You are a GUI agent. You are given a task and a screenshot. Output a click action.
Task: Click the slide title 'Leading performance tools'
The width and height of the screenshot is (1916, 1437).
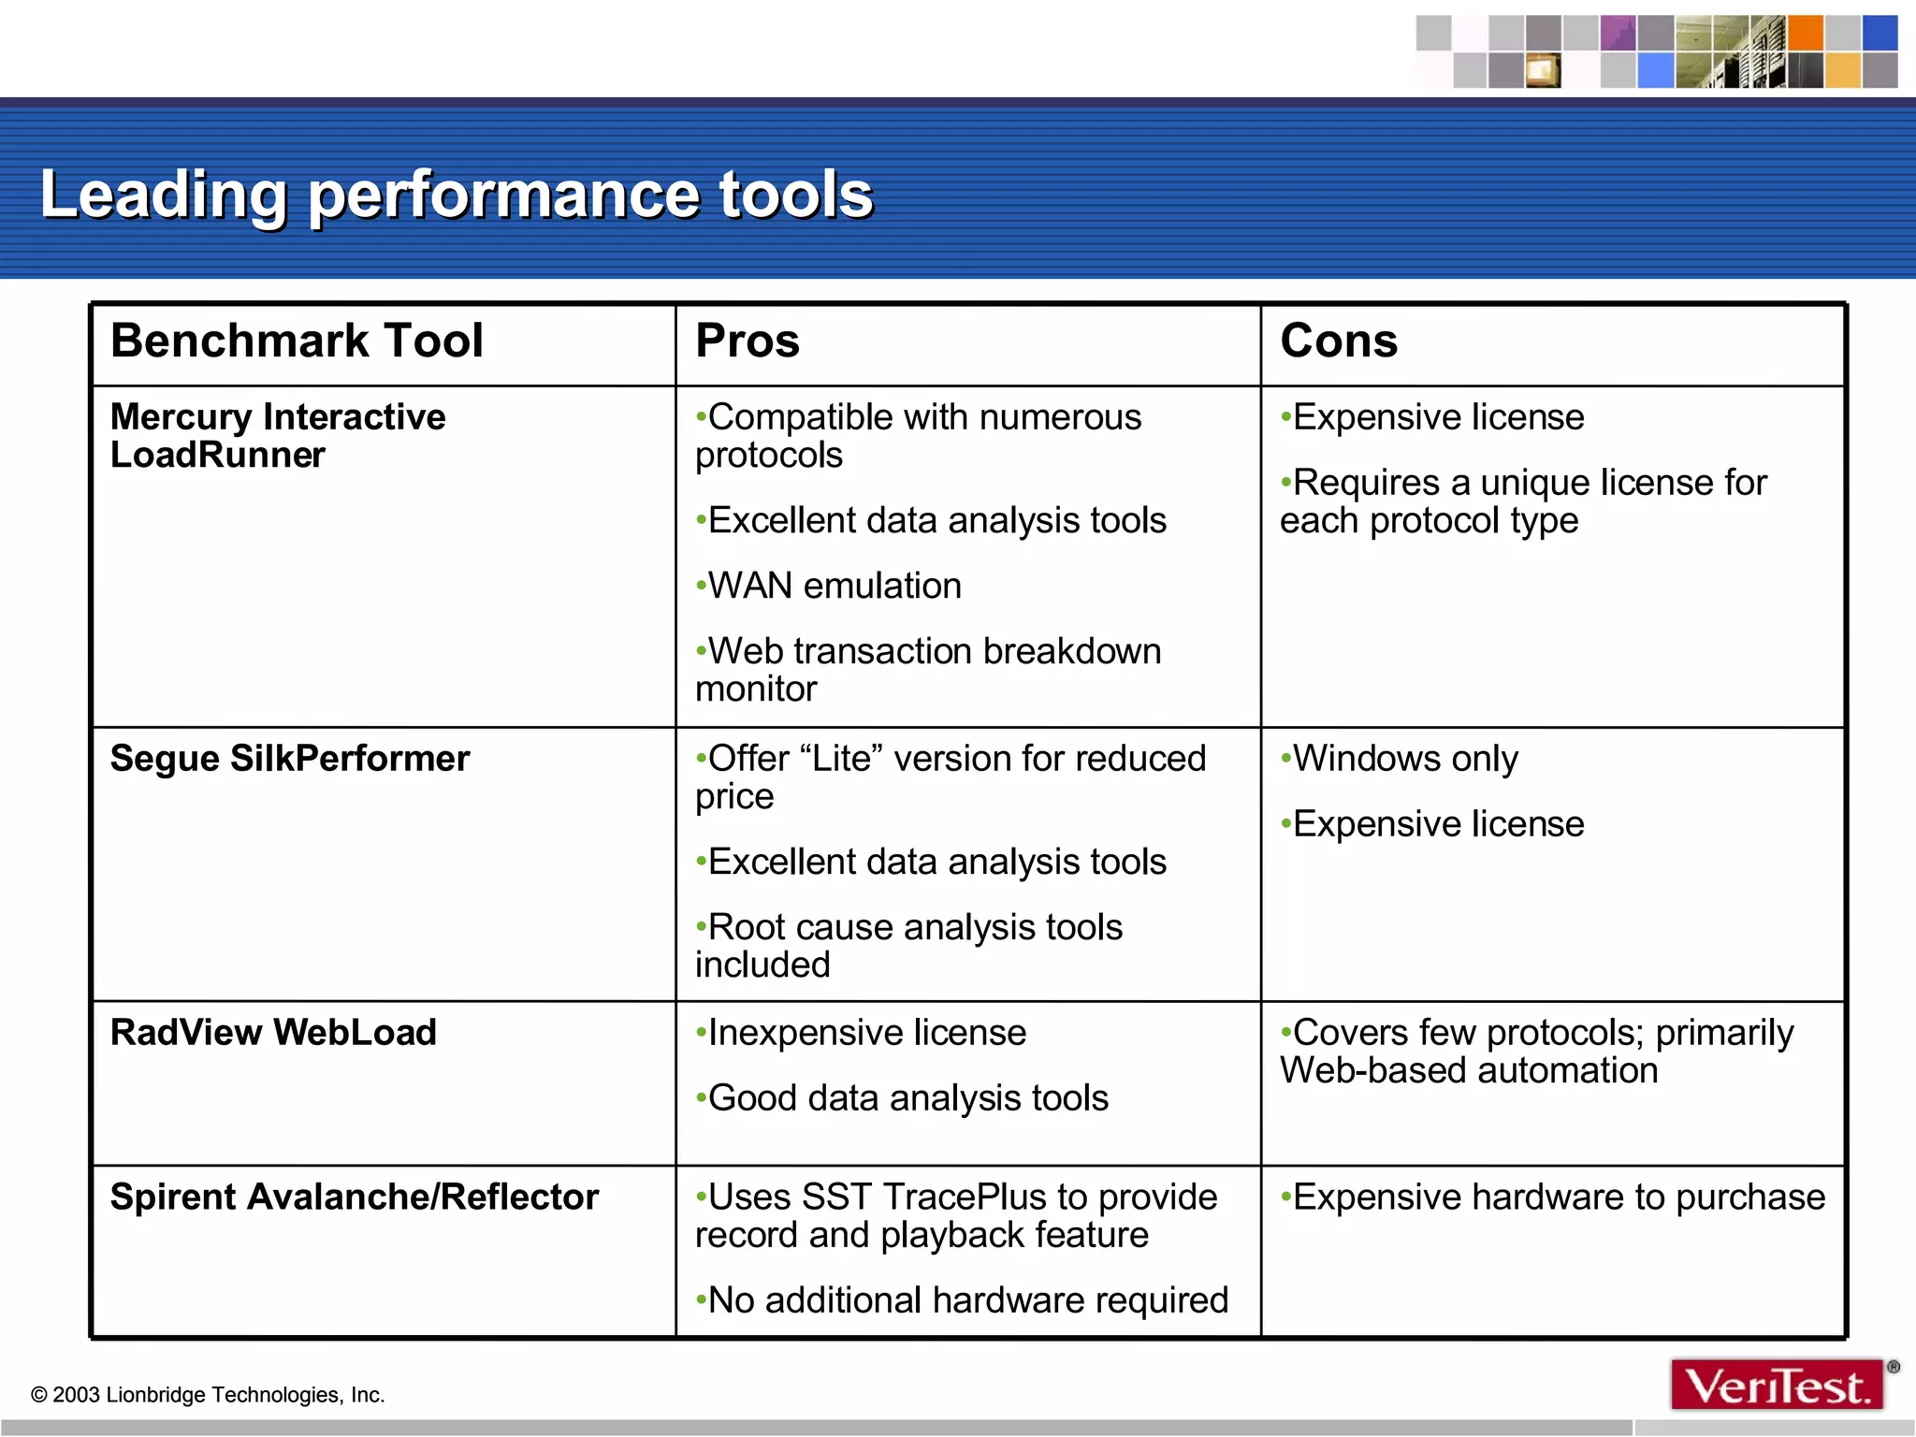click(457, 195)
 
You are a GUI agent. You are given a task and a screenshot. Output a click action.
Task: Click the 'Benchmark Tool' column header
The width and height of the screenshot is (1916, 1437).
click(297, 341)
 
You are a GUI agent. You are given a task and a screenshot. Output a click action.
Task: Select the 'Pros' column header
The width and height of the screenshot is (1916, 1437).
click(748, 341)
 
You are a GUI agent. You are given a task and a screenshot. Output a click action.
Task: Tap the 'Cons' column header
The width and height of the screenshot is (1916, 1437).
click(1339, 341)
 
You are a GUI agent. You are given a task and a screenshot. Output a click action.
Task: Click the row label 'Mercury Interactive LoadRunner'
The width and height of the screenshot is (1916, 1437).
click(278, 436)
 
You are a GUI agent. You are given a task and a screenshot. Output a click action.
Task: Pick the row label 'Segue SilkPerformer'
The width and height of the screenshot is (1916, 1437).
click(290, 759)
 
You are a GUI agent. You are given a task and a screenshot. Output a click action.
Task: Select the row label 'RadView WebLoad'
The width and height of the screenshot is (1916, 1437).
click(273, 1033)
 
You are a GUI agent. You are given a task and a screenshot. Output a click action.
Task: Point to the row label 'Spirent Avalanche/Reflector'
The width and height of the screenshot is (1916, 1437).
click(355, 1197)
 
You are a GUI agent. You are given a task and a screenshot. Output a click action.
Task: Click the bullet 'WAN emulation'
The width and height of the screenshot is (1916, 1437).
click(829, 586)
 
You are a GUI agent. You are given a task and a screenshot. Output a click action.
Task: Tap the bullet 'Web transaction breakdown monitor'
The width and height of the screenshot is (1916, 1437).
click(928, 670)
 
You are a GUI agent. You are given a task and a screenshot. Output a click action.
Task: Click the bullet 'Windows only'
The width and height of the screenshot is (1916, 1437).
click(1400, 759)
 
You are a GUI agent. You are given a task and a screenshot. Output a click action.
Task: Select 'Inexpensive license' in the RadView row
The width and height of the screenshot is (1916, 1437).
click(862, 1033)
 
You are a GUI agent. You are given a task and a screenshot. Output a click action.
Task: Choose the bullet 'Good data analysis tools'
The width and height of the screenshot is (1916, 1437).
click(903, 1098)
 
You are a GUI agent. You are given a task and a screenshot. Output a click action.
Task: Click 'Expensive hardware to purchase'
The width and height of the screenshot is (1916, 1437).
click(1553, 1197)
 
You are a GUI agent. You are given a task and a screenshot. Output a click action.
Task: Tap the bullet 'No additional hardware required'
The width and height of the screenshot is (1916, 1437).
click(963, 1300)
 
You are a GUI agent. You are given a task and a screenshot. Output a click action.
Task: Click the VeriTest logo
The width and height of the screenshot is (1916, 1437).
click(1777, 1386)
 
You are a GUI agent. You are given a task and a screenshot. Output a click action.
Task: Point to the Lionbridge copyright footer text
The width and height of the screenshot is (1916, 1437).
click(208, 1395)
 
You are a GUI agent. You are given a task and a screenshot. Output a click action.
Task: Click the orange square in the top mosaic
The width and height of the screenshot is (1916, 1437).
click(1805, 33)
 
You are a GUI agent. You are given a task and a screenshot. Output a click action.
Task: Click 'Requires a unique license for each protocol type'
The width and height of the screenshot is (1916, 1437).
click(1523, 501)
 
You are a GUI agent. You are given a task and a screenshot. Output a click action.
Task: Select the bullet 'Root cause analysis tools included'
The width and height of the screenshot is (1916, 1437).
click(909, 946)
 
